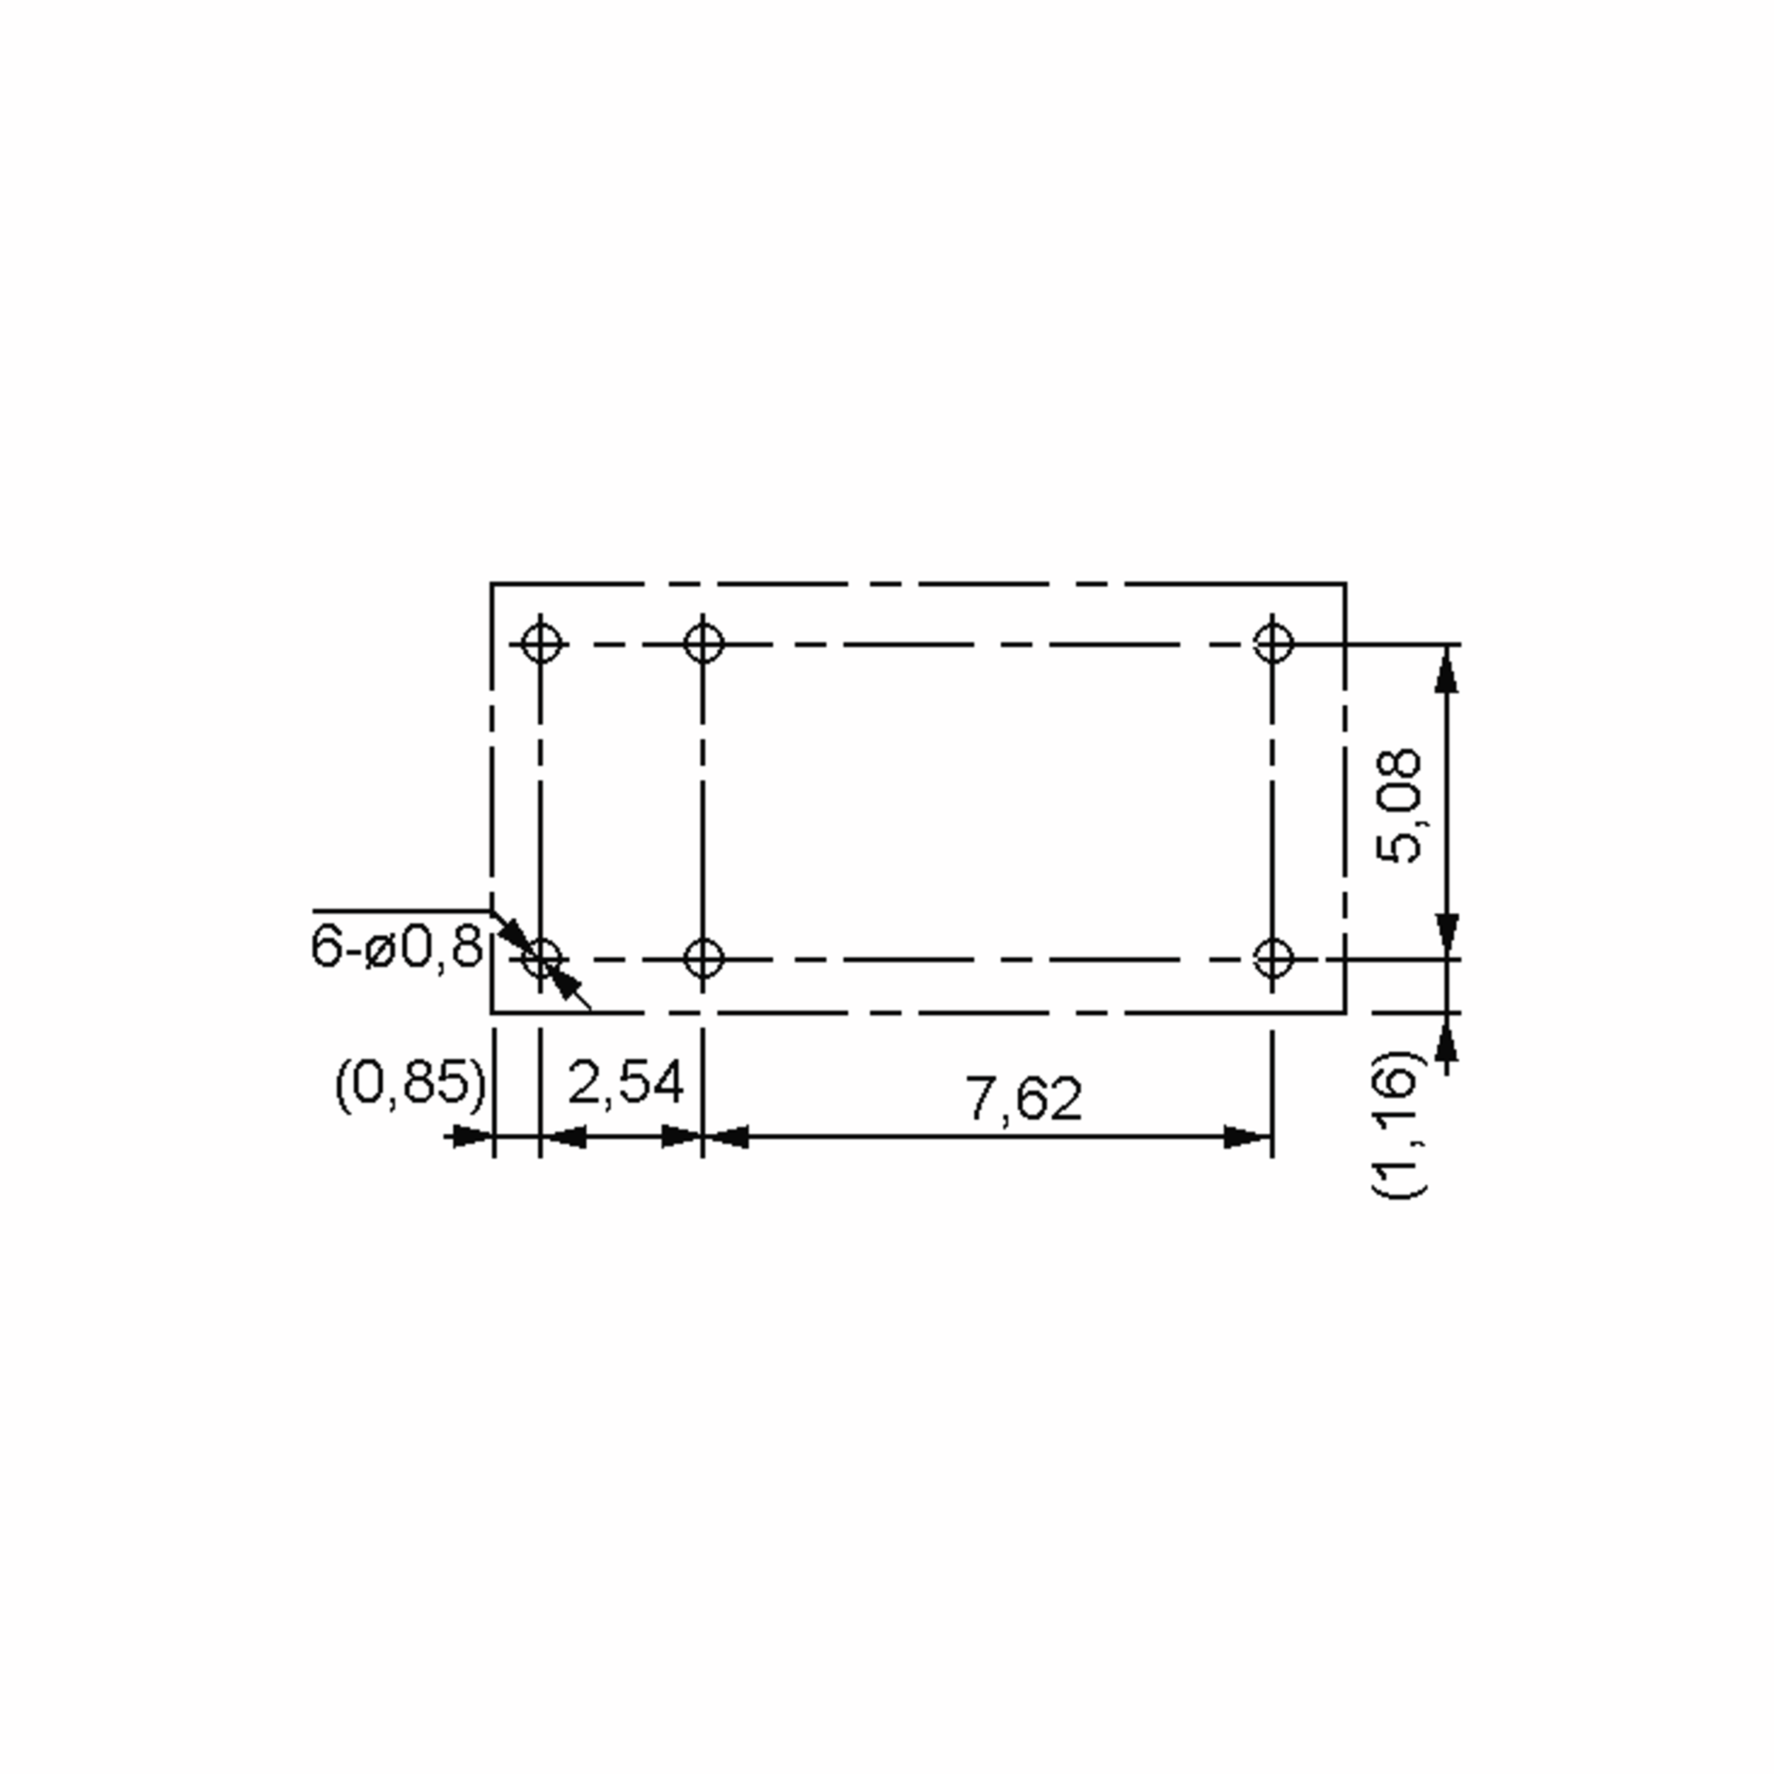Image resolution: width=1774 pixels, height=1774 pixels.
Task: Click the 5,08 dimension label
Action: [x=1399, y=807]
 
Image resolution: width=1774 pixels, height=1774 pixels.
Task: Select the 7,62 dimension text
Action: [x=1024, y=1099]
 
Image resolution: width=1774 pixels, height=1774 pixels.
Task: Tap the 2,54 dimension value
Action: [x=626, y=1083]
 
